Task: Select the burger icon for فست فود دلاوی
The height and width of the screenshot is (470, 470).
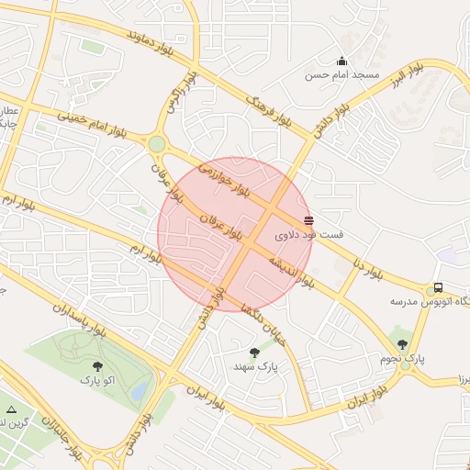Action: pyautogui.click(x=308, y=219)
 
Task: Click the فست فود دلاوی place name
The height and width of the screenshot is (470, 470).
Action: pyautogui.click(x=309, y=235)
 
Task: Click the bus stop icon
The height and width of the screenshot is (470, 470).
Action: pyautogui.click(x=438, y=286)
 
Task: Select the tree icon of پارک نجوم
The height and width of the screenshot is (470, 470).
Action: pyautogui.click(x=402, y=344)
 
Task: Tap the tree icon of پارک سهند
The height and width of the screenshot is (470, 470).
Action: pyautogui.click(x=254, y=352)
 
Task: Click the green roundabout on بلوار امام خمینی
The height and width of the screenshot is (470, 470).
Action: pyautogui.click(x=157, y=144)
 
